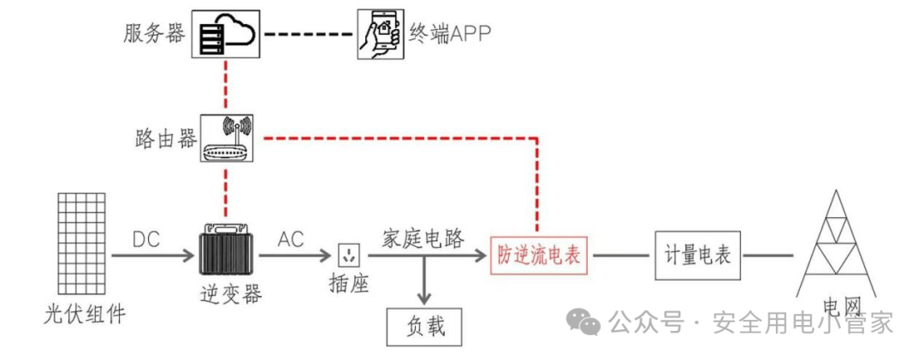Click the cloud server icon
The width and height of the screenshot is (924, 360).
tap(226, 34)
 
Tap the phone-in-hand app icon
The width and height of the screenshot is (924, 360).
tap(381, 34)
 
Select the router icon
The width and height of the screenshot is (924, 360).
tap(227, 139)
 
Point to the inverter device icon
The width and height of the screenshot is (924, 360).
tap(227, 249)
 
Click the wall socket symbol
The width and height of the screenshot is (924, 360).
tap(349, 256)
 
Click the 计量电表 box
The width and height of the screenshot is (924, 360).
tap(698, 255)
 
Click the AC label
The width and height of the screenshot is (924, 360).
tap(290, 239)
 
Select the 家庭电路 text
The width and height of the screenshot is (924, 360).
tap(423, 239)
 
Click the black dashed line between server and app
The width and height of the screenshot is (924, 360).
tap(309, 34)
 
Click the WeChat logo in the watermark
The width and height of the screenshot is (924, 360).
tap(583, 322)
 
